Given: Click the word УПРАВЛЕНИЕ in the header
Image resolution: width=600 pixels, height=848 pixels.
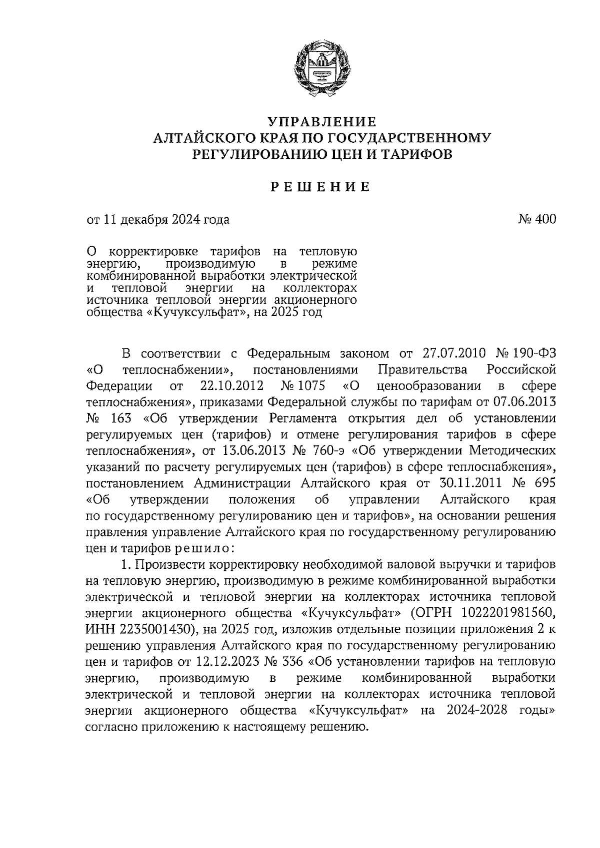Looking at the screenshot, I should pyautogui.click(x=320, y=121).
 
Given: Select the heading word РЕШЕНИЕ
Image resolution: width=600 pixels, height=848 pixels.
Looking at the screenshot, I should pyautogui.click(x=320, y=187).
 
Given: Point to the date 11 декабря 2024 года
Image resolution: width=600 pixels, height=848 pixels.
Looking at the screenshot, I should pyautogui.click(x=166, y=219).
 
